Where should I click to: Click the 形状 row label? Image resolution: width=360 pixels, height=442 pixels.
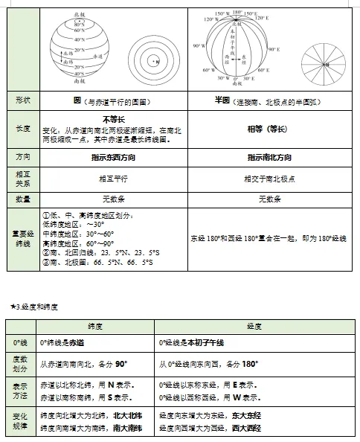22,100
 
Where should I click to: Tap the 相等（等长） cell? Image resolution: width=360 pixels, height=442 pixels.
268,129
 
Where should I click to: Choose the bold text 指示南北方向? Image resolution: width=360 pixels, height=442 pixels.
269,158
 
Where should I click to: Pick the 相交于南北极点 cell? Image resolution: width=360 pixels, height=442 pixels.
269,179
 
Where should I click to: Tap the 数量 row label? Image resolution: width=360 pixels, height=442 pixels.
22,199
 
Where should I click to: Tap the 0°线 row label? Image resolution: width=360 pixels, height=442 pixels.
22,342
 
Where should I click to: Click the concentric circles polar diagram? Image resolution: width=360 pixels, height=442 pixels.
154,63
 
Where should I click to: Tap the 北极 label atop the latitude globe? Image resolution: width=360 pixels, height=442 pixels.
80,14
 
